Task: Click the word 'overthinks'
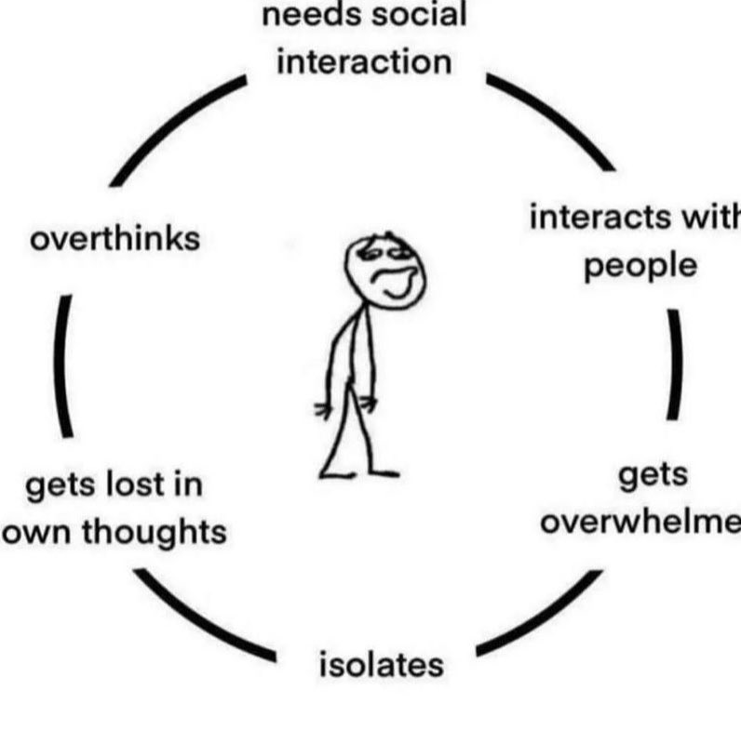pyautogui.click(x=115, y=239)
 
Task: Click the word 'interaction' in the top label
pyautogui.click(x=364, y=63)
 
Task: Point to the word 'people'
pyautogui.click(x=640, y=265)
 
